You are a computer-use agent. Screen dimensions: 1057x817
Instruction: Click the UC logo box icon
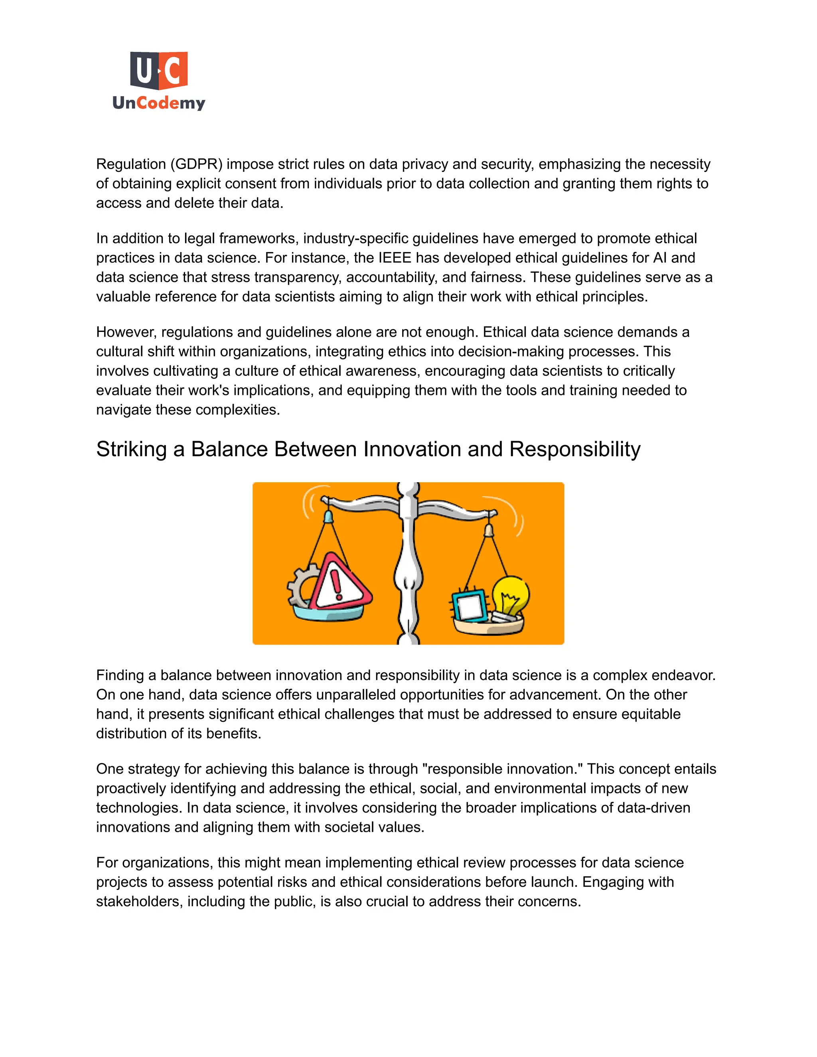(x=159, y=71)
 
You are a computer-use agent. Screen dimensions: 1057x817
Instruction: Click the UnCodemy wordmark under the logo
(x=159, y=103)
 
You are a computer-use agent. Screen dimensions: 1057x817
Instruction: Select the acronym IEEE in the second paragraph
(x=394, y=258)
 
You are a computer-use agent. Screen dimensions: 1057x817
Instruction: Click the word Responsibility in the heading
(x=574, y=450)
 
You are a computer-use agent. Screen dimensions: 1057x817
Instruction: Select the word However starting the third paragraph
(x=126, y=333)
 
